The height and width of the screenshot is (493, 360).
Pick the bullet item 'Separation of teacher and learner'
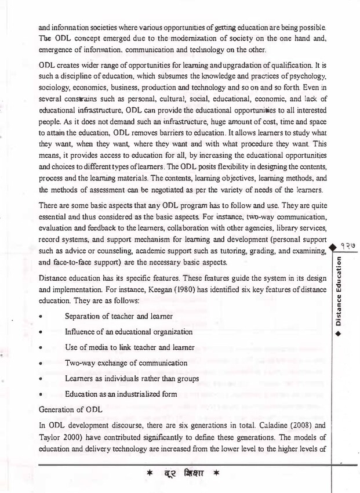119,316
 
